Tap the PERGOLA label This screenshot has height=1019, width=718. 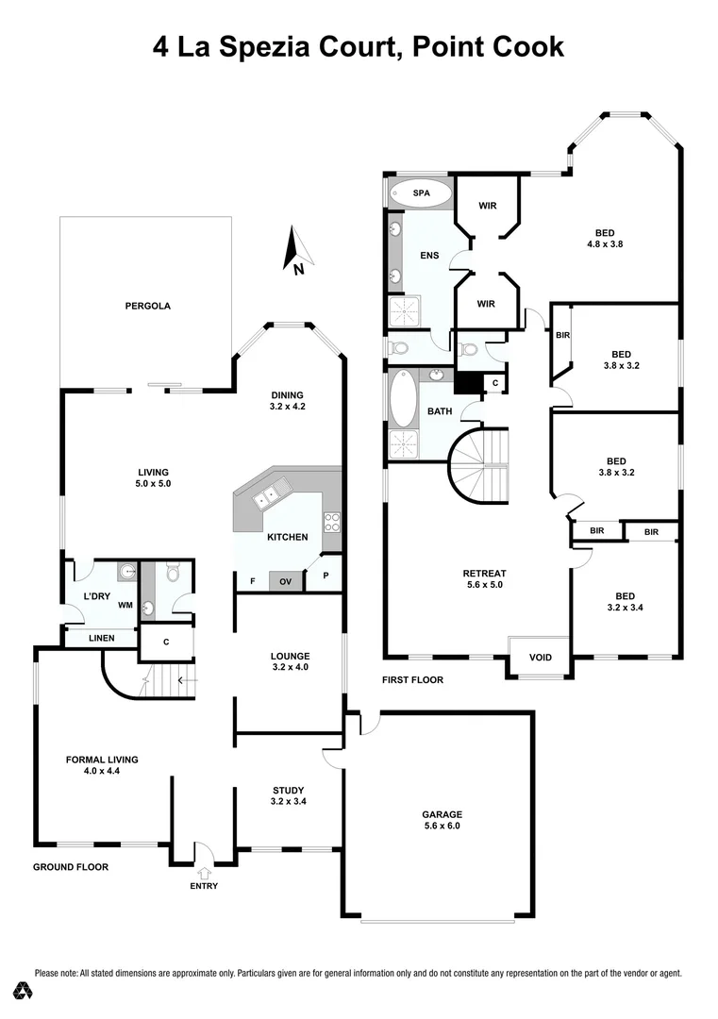[147, 306]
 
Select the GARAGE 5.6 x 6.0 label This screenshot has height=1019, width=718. [442, 820]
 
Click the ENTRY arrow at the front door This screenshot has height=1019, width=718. [204, 872]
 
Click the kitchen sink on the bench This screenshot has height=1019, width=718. [273, 493]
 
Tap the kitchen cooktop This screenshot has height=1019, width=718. [331, 522]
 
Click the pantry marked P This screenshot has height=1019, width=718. [326, 576]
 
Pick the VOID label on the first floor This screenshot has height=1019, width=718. [539, 658]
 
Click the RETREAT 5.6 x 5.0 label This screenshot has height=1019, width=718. [484, 578]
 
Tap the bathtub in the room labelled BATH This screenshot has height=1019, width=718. [403, 399]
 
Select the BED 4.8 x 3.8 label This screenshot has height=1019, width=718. [605, 238]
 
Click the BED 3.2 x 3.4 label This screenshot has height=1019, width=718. [625, 602]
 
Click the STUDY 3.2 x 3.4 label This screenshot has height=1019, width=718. [288, 795]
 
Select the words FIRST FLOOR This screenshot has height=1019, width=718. [412, 679]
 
